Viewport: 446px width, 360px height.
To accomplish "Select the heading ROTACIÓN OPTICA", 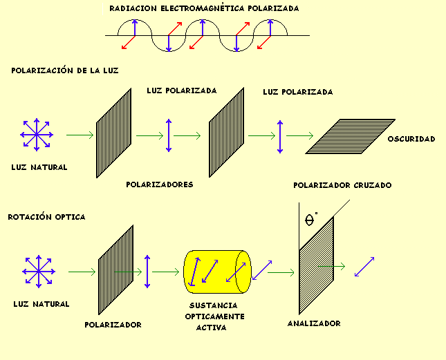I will (46, 217).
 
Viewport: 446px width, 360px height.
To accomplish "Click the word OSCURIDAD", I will (411, 139).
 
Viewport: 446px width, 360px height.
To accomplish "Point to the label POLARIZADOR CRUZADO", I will (342, 185).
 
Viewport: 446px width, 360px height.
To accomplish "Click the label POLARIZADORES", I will (159, 184).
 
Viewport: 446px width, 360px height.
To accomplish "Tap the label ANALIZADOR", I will (315, 323).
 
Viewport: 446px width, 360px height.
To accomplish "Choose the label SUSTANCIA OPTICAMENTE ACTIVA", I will (213, 316).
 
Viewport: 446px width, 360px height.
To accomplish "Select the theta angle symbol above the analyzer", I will (310, 221).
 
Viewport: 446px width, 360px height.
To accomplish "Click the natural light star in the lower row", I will (39, 272).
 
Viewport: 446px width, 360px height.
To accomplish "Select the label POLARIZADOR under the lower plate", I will (113, 324).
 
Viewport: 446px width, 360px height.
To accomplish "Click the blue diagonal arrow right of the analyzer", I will (364, 267).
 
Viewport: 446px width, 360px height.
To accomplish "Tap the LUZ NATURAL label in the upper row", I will (39, 167).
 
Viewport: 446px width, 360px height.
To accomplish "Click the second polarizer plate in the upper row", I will (226, 131).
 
